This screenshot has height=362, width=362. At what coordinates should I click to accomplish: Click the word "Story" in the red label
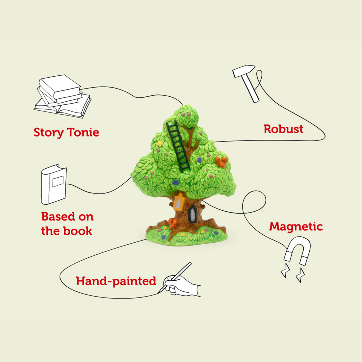click(x=49, y=132)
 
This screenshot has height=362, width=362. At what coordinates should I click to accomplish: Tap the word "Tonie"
click(x=83, y=132)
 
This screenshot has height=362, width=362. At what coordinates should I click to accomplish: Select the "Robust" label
click(x=283, y=129)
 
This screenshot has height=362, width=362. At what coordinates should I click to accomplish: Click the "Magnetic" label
click(x=296, y=226)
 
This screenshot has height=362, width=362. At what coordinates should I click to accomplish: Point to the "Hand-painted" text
click(x=116, y=281)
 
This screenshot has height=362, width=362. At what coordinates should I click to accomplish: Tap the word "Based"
click(x=58, y=217)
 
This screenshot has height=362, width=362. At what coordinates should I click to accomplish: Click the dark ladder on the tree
click(x=178, y=146)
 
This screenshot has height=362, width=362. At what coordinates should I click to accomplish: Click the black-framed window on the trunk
click(x=192, y=213)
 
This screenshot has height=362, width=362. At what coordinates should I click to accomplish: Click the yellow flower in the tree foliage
click(x=160, y=143)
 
